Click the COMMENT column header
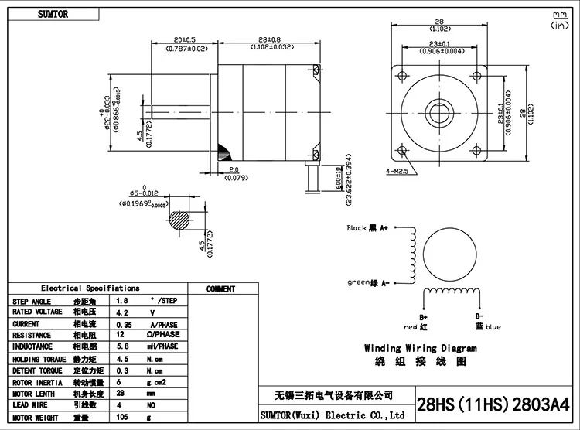[221, 289]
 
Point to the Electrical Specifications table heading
[90, 288]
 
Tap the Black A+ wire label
[367, 228]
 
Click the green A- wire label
[368, 282]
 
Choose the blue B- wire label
[487, 322]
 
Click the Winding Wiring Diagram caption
[421, 349]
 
